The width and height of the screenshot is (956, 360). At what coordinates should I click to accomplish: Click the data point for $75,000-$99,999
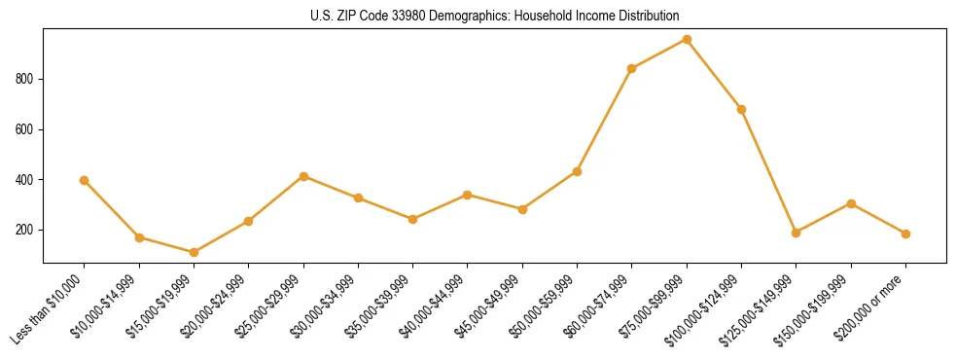tap(687, 40)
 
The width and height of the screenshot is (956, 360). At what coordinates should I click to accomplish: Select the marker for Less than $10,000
tap(85, 180)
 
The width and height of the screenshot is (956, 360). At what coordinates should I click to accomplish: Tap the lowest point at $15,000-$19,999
tap(194, 252)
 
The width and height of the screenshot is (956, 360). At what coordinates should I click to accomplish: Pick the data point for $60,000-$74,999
tap(632, 68)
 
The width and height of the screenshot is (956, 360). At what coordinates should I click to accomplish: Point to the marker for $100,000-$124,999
tap(741, 109)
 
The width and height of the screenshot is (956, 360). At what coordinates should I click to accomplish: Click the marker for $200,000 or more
tap(905, 234)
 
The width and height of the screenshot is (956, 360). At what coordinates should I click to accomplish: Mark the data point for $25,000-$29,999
tap(303, 176)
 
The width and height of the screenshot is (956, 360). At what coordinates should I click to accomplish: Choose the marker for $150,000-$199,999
tap(851, 203)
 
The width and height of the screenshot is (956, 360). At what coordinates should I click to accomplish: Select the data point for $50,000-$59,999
tap(577, 171)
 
